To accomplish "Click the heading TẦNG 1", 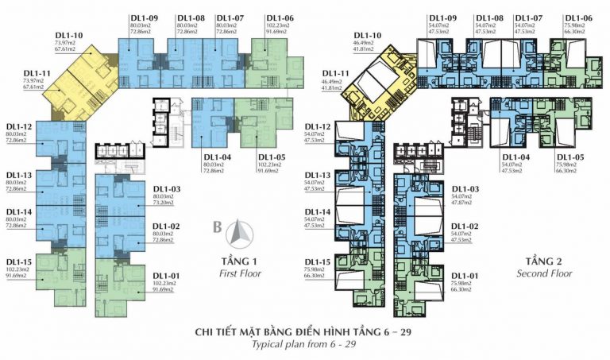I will click(240, 261).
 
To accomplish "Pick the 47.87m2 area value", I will click(462, 203).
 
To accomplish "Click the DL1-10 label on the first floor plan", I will click(69, 36).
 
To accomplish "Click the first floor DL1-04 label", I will click(217, 157).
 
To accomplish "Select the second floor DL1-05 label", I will click(570, 157).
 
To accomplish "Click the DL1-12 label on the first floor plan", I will click(19, 127).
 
